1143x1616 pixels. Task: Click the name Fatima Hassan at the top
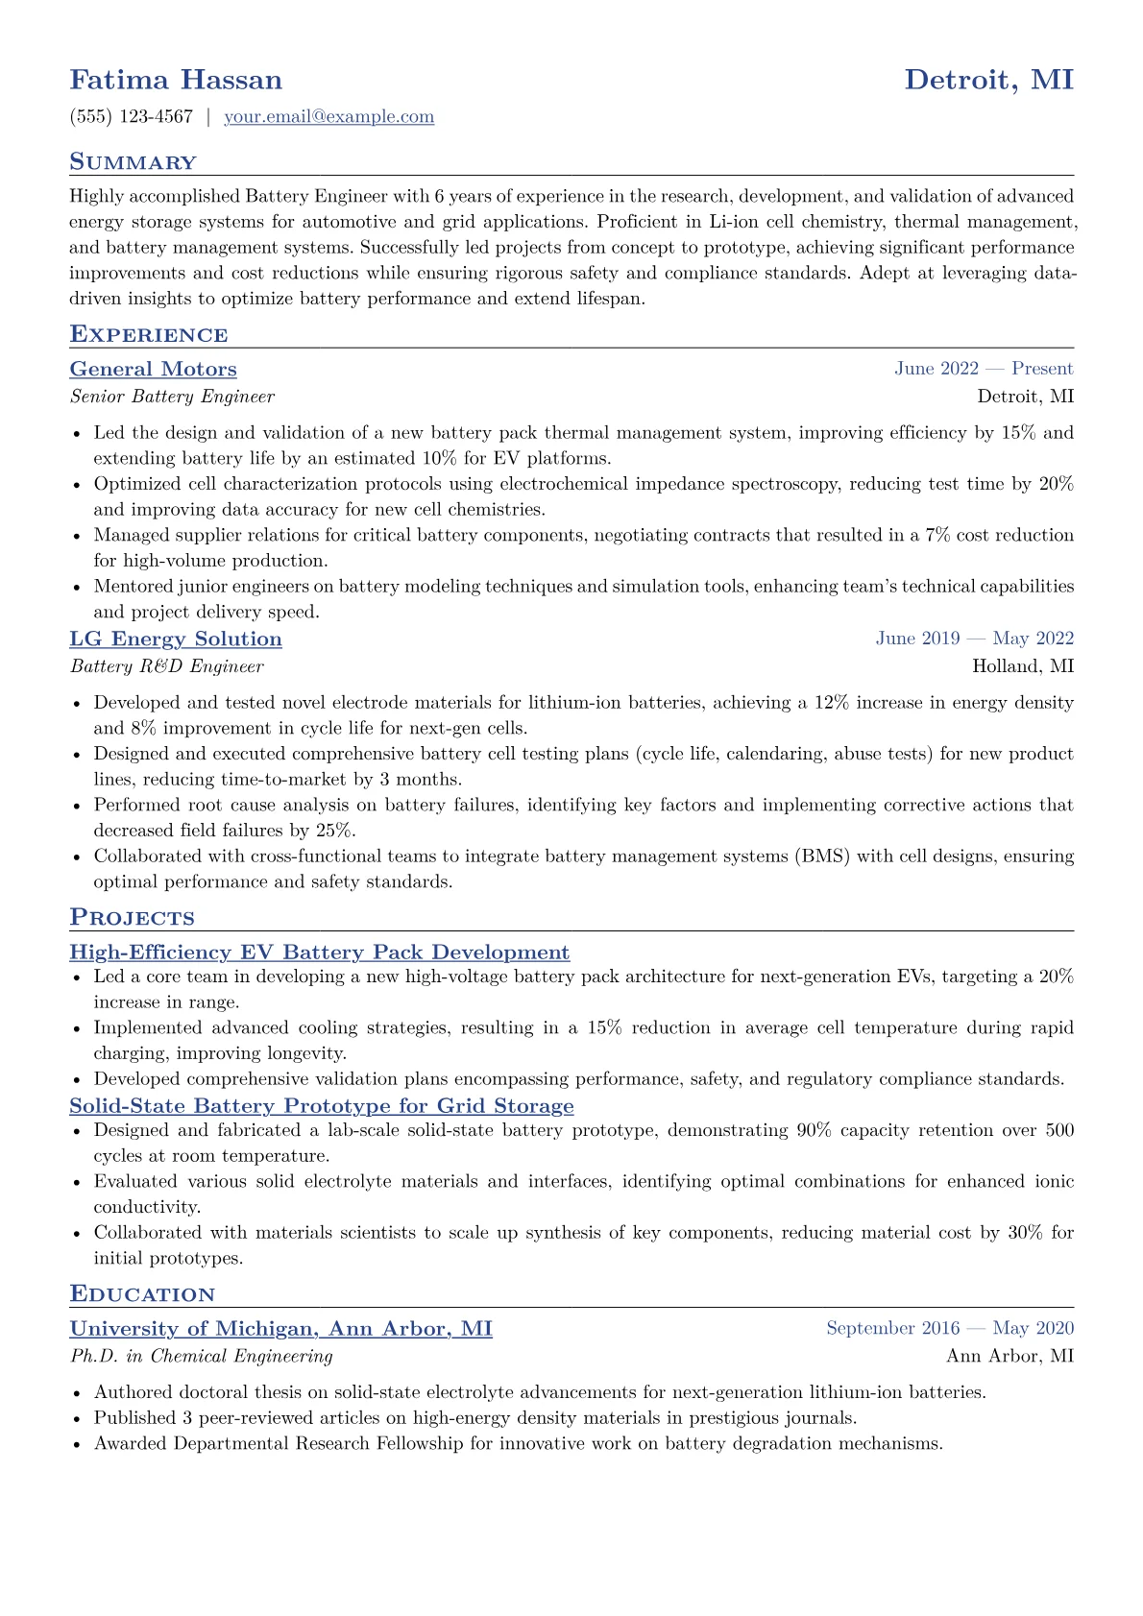(x=176, y=80)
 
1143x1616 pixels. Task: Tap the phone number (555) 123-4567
(x=132, y=117)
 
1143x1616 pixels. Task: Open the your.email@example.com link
(x=328, y=117)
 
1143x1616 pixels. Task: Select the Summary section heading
(x=133, y=162)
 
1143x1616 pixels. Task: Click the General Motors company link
(x=153, y=370)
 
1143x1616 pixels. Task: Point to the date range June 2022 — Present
(x=984, y=369)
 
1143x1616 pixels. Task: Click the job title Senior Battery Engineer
(x=172, y=397)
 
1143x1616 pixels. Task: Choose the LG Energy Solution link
(x=176, y=639)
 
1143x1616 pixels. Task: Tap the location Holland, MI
(x=1023, y=666)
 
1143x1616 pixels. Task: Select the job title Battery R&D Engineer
(x=166, y=666)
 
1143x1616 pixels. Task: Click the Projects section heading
(x=132, y=918)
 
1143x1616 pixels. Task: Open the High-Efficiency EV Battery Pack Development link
(x=319, y=953)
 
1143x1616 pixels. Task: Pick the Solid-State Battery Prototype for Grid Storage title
(x=322, y=1106)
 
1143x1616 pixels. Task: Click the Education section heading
(x=142, y=1294)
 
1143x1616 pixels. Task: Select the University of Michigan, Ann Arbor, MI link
(x=280, y=1329)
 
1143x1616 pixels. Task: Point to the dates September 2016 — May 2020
(x=950, y=1328)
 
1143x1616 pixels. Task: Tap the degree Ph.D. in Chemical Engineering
(x=201, y=1356)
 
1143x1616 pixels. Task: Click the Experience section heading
(x=149, y=335)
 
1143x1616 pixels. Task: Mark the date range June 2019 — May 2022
(x=974, y=639)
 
